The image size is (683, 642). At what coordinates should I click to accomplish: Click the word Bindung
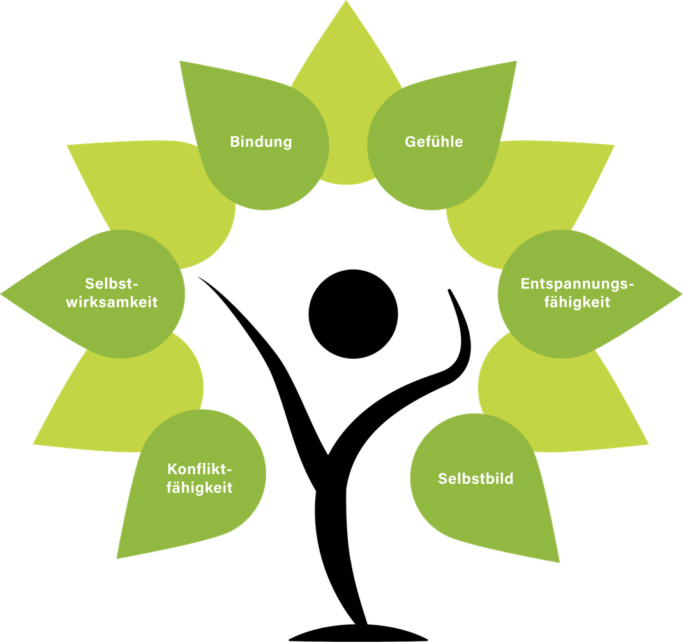260,142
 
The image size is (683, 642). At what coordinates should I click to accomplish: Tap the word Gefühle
434,142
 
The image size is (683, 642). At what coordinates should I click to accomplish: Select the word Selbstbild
476,479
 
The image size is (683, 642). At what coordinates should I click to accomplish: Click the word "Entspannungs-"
577,284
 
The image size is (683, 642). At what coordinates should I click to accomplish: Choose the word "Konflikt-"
199,470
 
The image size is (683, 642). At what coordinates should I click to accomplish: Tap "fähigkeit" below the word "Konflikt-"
199,489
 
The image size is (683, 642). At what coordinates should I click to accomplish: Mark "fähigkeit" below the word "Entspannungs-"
577,302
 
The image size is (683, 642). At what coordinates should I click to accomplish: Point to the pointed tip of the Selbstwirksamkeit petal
3,294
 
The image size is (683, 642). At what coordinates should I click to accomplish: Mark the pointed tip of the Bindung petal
181,62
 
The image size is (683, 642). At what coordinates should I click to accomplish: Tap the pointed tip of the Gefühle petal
516,62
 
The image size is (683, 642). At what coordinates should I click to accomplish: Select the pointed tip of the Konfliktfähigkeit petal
117,558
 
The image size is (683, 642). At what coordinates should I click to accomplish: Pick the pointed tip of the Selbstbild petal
559,562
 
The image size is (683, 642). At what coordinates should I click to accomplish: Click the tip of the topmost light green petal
346,3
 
